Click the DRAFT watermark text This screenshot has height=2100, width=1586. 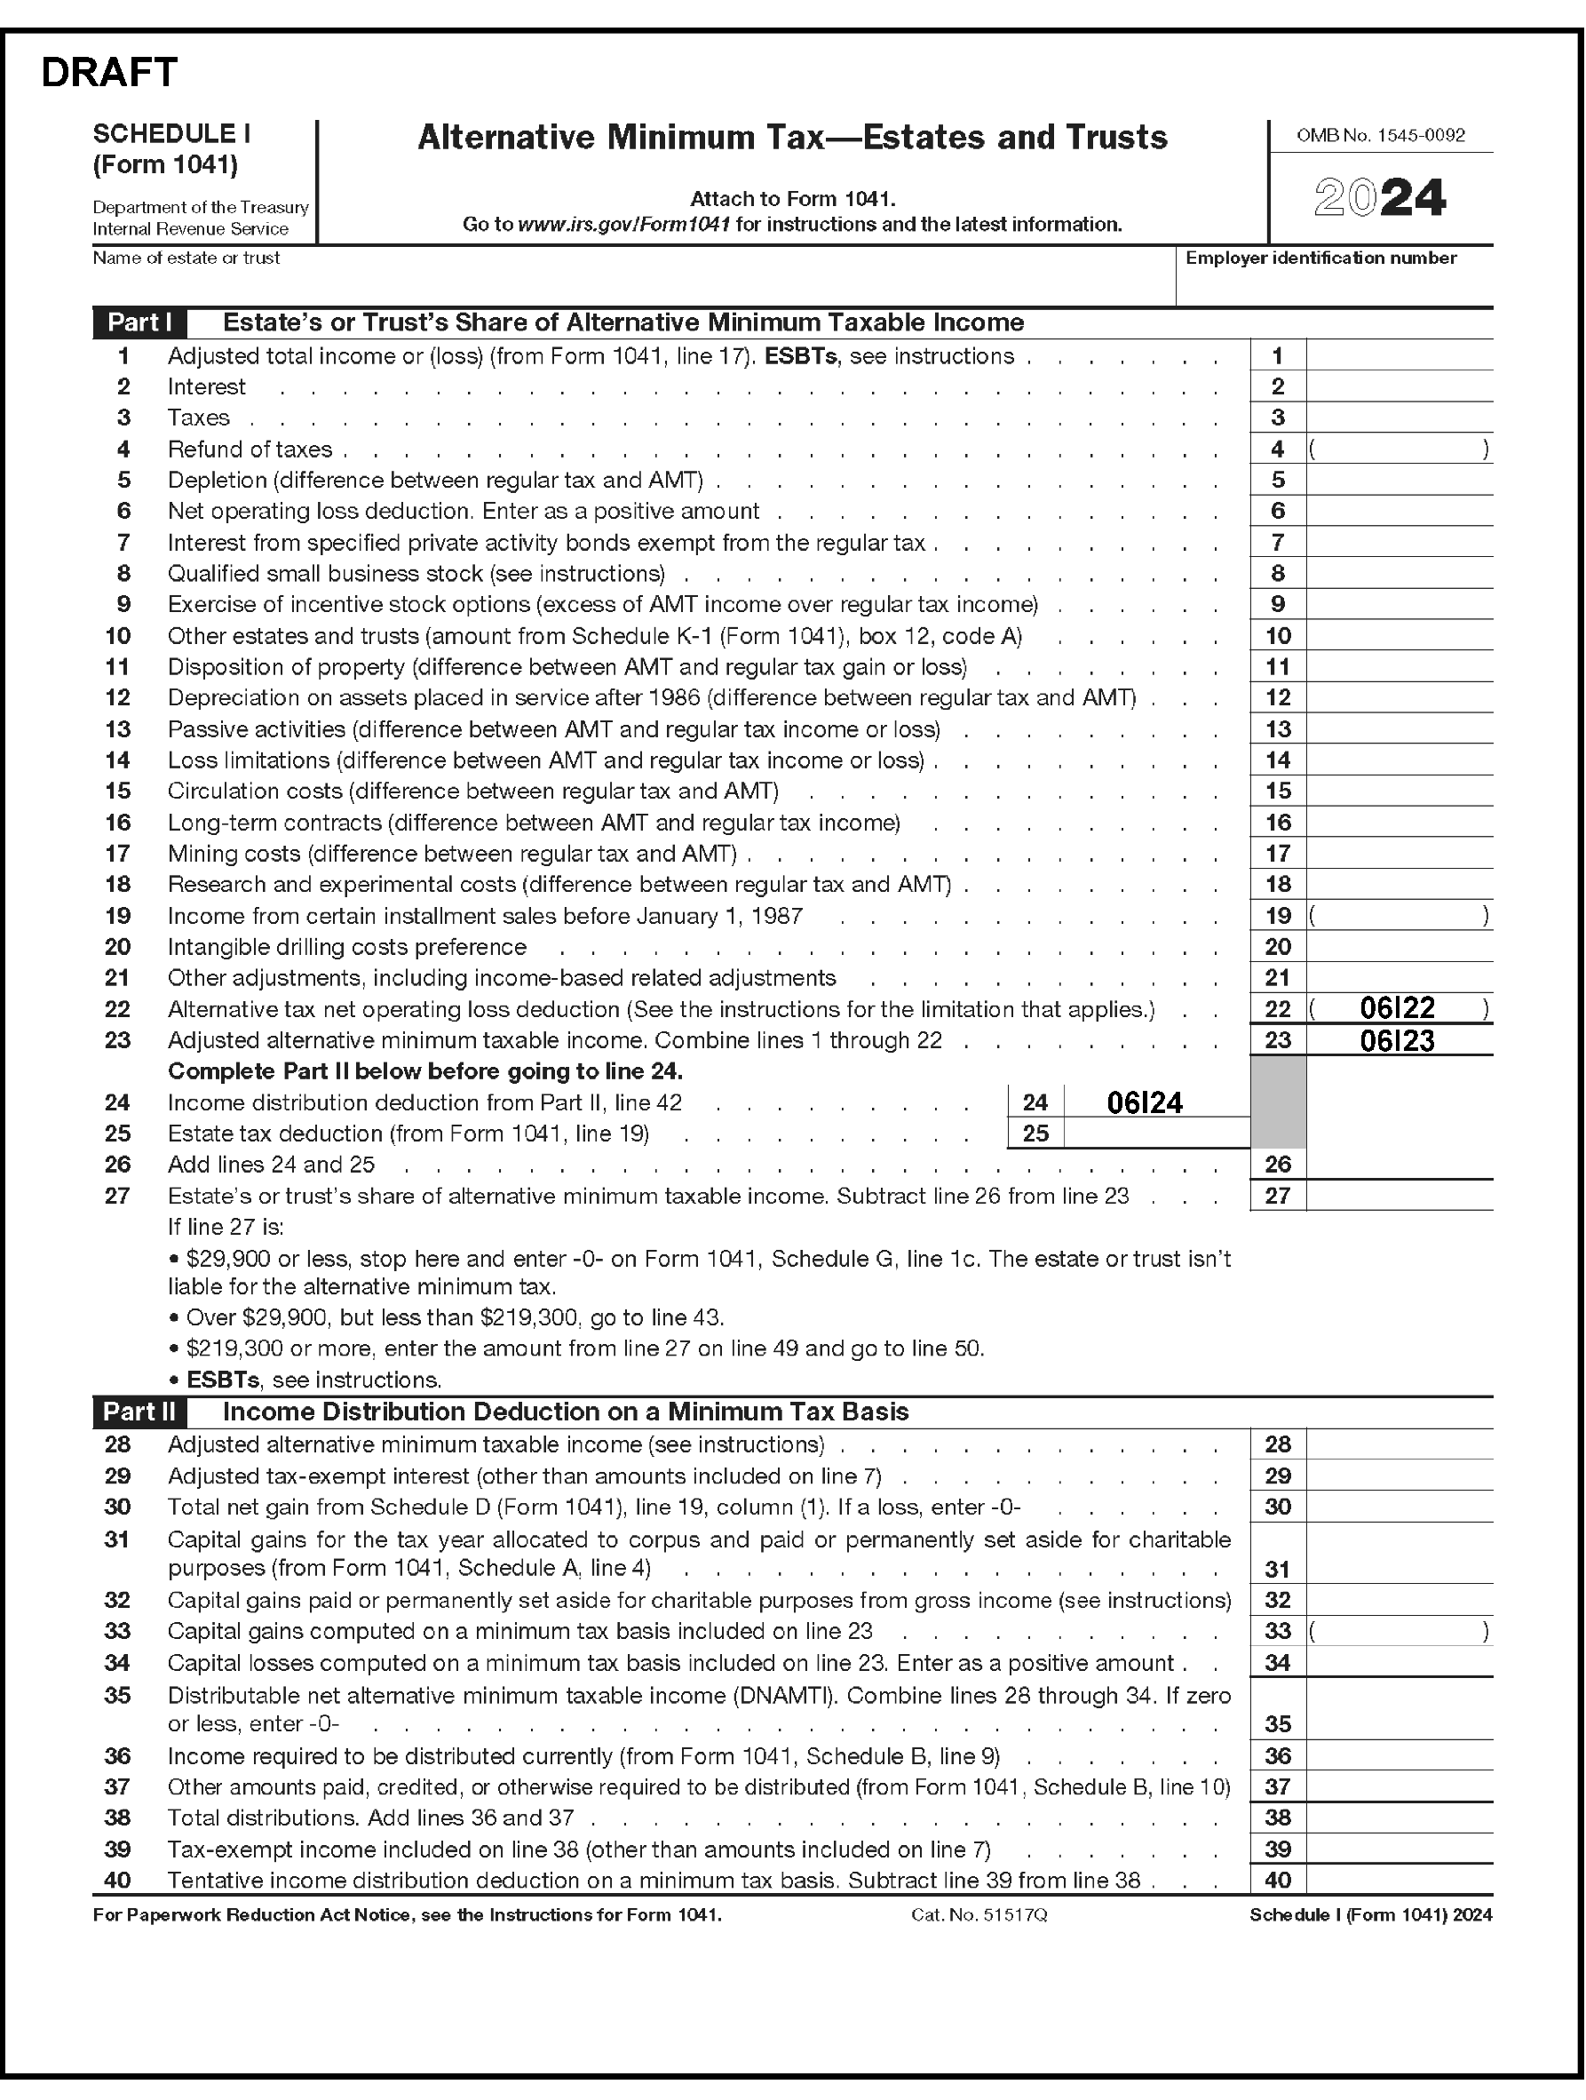click(109, 73)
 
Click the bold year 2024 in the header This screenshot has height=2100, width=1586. click(1380, 198)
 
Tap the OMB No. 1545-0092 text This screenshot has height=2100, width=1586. click(1380, 136)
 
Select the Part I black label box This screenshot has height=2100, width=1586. click(139, 322)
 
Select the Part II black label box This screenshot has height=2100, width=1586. click(139, 1412)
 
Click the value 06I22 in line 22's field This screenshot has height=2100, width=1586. click(1397, 1008)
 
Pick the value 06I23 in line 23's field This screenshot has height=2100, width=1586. click(1397, 1040)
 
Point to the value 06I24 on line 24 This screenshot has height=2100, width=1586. click(1145, 1102)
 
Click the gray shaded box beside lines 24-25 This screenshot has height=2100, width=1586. click(1278, 1102)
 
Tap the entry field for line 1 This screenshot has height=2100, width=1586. click(1398, 356)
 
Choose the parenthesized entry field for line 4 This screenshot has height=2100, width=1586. click(1398, 449)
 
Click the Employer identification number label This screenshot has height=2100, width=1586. click(1320, 259)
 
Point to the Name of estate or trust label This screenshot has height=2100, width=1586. click(186, 259)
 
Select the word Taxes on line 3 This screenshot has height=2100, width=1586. click(198, 418)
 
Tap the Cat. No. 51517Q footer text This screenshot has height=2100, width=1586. click(979, 1915)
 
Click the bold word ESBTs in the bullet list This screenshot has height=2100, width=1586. click(222, 1380)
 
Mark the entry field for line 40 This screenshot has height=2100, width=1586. click(1398, 1880)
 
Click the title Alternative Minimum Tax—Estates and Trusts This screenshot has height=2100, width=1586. click(792, 139)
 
